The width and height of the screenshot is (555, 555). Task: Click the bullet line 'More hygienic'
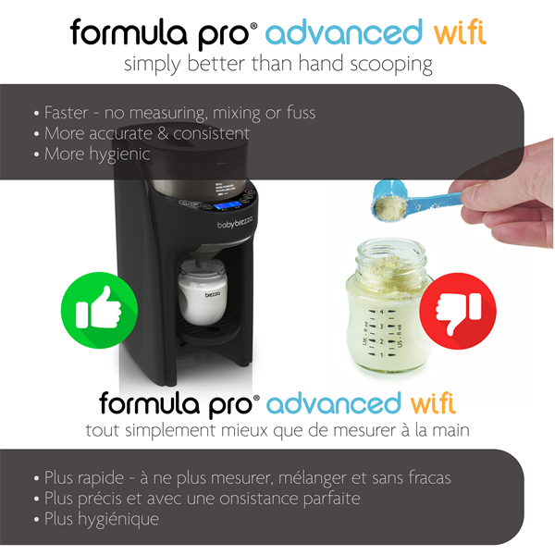(x=97, y=154)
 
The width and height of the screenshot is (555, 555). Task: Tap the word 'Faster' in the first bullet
(x=69, y=113)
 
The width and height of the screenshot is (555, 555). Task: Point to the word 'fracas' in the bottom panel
(x=427, y=478)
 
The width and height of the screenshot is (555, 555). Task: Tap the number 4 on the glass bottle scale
(x=380, y=314)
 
